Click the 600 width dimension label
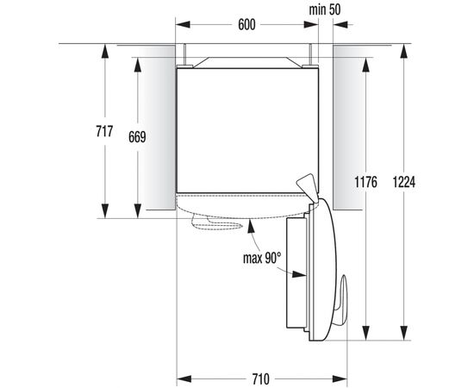pyautogui.click(x=246, y=26)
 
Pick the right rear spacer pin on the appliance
pyautogui.click(x=305, y=53)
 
